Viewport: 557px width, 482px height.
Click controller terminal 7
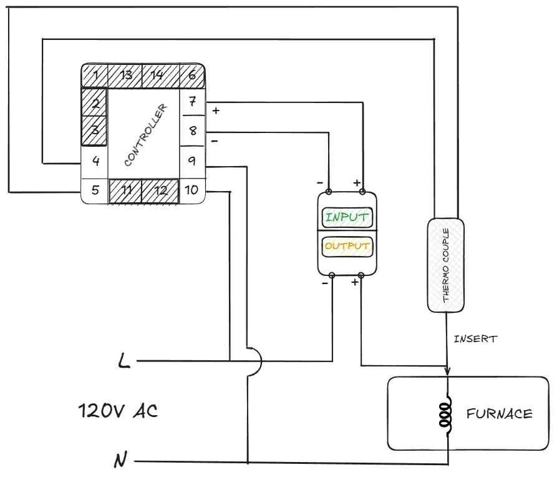192,102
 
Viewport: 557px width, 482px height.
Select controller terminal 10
192,190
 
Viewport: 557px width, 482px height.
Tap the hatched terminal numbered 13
125,76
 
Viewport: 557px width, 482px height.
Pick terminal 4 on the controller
95,161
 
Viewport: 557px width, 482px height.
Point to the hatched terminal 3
94,130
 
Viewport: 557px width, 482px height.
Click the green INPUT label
347,217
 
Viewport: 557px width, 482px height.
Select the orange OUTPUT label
347,246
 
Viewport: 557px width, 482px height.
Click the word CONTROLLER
145,135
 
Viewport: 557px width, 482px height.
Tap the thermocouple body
445,265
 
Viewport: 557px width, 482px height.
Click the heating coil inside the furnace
445,415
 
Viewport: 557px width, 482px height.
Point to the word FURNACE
499,414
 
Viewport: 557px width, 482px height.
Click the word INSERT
475,339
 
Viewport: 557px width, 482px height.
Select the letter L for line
124,360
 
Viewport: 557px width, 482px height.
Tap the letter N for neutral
120,460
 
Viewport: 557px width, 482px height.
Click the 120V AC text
118,411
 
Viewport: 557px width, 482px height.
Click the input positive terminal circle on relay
362,192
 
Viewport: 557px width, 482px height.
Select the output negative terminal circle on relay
332,275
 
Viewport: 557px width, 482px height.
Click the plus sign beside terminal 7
216,111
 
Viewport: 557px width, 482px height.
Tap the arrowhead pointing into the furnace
447,370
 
